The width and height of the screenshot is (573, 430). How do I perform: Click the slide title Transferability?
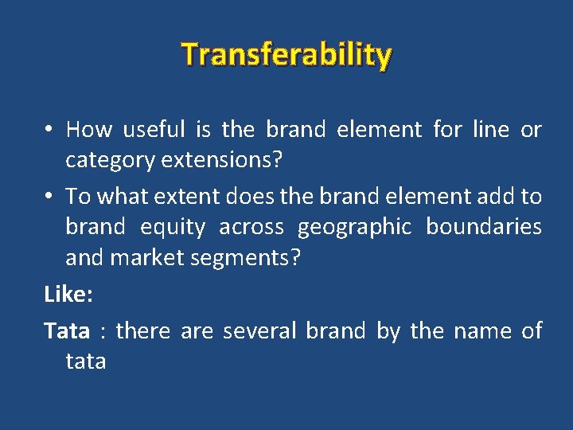[x=286, y=55]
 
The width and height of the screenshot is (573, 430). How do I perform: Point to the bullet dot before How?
[x=49, y=130]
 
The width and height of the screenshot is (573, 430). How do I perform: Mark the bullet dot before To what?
[x=49, y=197]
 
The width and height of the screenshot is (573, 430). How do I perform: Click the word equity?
[x=172, y=227]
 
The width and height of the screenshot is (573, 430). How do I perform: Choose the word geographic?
[x=354, y=227]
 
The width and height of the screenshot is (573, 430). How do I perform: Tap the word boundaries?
[x=484, y=227]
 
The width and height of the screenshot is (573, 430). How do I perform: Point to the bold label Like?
[x=68, y=295]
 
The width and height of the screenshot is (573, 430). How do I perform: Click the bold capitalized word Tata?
[x=66, y=330]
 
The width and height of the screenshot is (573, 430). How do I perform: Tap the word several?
[x=260, y=330]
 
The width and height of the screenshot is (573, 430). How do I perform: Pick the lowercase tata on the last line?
[x=85, y=362]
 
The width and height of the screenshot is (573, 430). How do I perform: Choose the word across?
[x=251, y=227]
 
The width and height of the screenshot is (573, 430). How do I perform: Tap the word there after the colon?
[x=143, y=330]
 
